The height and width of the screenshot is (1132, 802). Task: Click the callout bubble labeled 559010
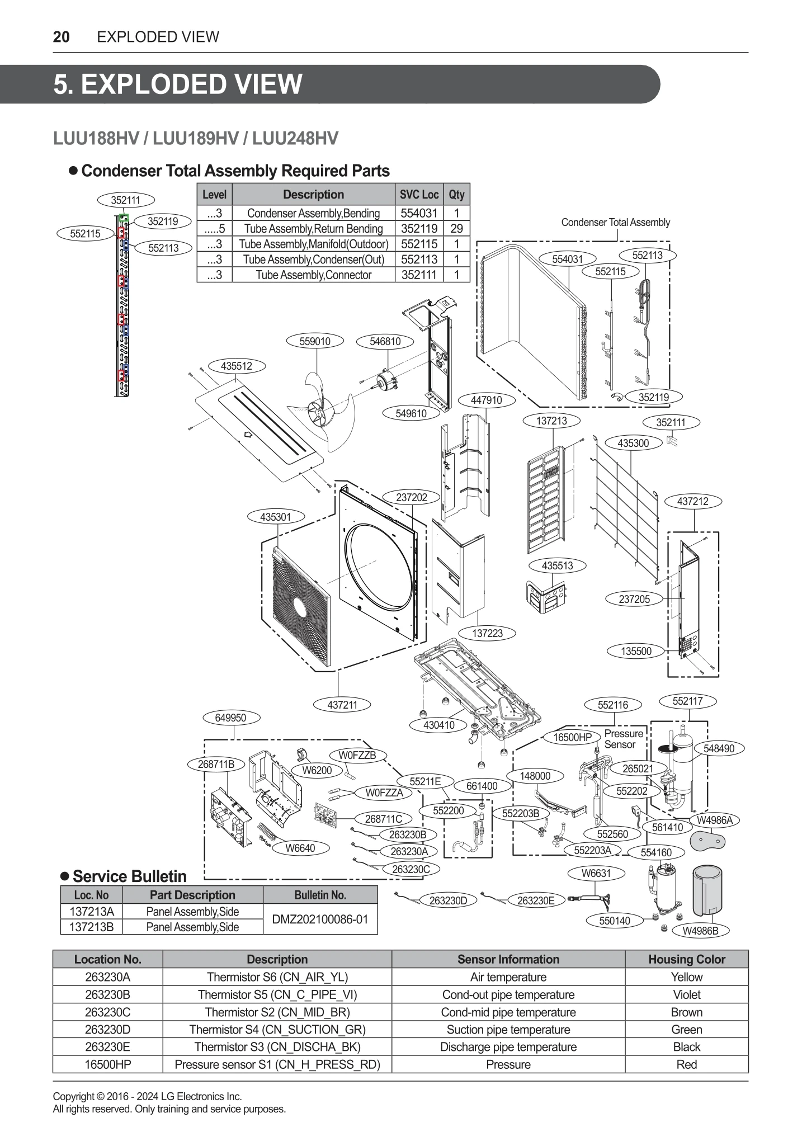click(315, 341)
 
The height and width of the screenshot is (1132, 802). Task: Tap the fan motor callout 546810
click(385, 341)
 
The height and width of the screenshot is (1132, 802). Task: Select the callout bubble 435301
click(276, 517)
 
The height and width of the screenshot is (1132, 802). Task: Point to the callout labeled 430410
click(439, 725)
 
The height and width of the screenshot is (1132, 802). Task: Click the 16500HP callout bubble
click(572, 737)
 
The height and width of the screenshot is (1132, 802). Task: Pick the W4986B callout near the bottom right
click(701, 931)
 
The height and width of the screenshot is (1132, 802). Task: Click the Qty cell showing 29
click(456, 228)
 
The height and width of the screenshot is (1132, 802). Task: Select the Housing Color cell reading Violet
click(686, 994)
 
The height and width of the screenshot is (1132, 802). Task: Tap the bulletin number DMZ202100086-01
click(320, 919)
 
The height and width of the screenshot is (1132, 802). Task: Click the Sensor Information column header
click(508, 959)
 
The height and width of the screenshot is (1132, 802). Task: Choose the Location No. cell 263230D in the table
click(107, 1029)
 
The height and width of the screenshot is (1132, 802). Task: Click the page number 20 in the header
click(61, 37)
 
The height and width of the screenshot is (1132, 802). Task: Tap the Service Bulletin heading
click(129, 876)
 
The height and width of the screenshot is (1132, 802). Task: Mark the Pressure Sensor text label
click(624, 739)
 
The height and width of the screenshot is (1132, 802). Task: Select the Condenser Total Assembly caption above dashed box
click(615, 223)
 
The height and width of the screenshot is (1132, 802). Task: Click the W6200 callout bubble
click(317, 770)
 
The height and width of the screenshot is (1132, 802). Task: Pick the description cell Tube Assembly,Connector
click(313, 275)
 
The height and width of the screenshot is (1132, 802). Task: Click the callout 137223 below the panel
click(487, 633)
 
